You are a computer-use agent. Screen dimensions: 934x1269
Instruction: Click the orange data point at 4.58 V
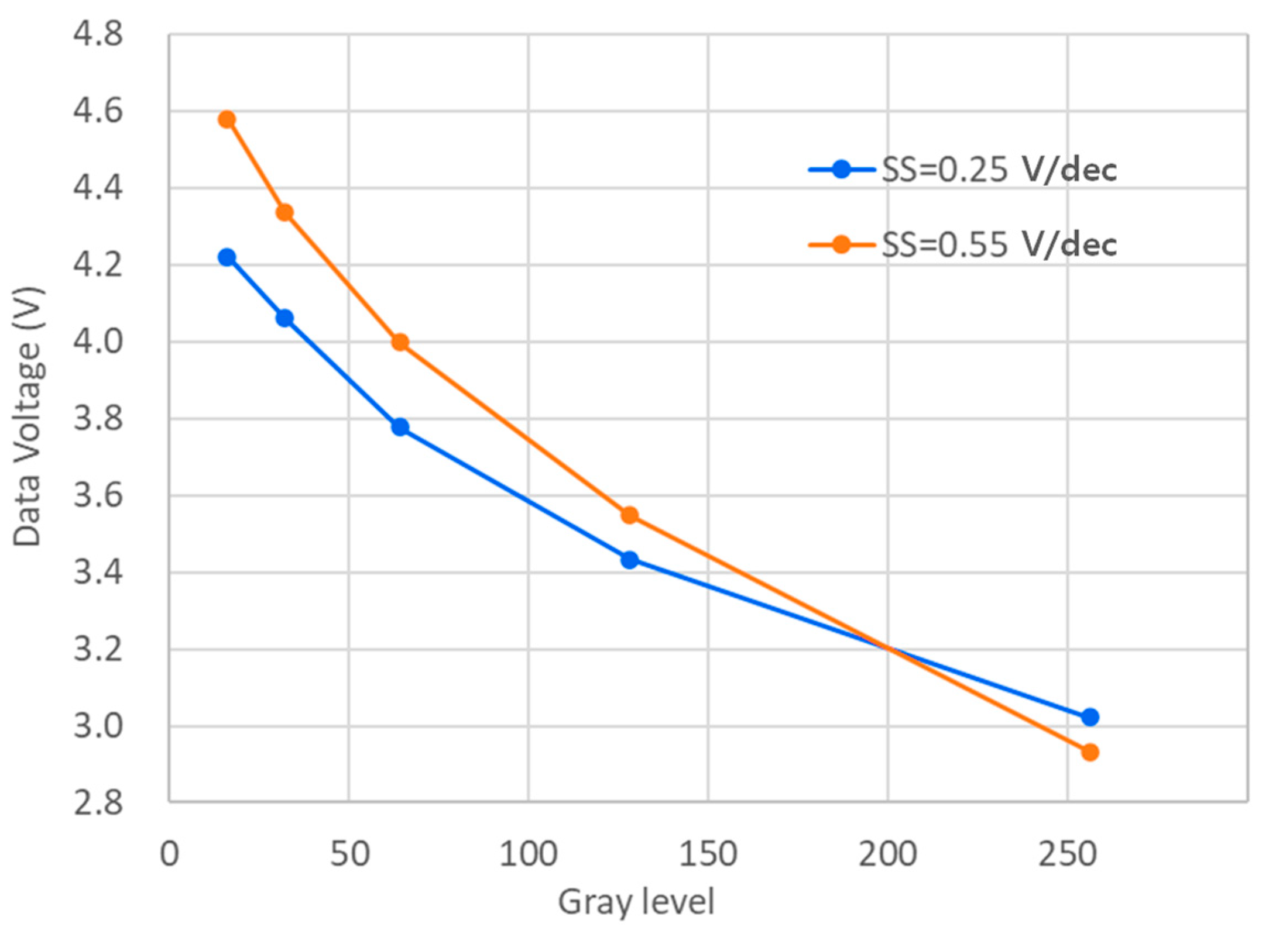pyautogui.click(x=227, y=119)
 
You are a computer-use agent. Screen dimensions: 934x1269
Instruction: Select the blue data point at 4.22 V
pyautogui.click(x=227, y=257)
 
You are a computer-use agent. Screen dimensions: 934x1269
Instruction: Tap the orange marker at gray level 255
pyautogui.click(x=1089, y=752)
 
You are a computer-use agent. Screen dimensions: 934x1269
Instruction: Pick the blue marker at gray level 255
pyautogui.click(x=1089, y=717)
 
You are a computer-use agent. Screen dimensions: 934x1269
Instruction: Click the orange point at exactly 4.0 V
pyautogui.click(x=400, y=342)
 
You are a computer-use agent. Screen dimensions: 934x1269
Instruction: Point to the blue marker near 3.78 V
pyautogui.click(x=400, y=427)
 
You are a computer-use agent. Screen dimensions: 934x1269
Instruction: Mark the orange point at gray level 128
pyautogui.click(x=629, y=515)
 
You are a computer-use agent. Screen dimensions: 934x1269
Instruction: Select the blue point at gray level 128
pyautogui.click(x=629, y=560)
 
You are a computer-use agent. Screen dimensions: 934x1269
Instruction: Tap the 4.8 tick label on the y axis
pyautogui.click(x=98, y=34)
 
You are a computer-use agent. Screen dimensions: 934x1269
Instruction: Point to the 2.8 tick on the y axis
pyautogui.click(x=98, y=802)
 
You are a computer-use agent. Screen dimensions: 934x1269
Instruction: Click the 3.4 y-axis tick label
pyautogui.click(x=98, y=572)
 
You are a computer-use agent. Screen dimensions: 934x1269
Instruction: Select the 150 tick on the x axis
pyautogui.click(x=707, y=854)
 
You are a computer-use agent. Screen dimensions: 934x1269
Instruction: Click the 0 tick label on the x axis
pyautogui.click(x=169, y=854)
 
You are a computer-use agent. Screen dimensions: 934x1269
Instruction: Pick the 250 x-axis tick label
pyautogui.click(x=1066, y=854)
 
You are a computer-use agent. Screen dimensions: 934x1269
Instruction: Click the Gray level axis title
pyautogui.click(x=636, y=901)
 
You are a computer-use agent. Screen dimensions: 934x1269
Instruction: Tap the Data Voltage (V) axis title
pyautogui.click(x=27, y=416)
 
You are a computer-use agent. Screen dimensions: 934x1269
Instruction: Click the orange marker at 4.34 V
pyautogui.click(x=284, y=212)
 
